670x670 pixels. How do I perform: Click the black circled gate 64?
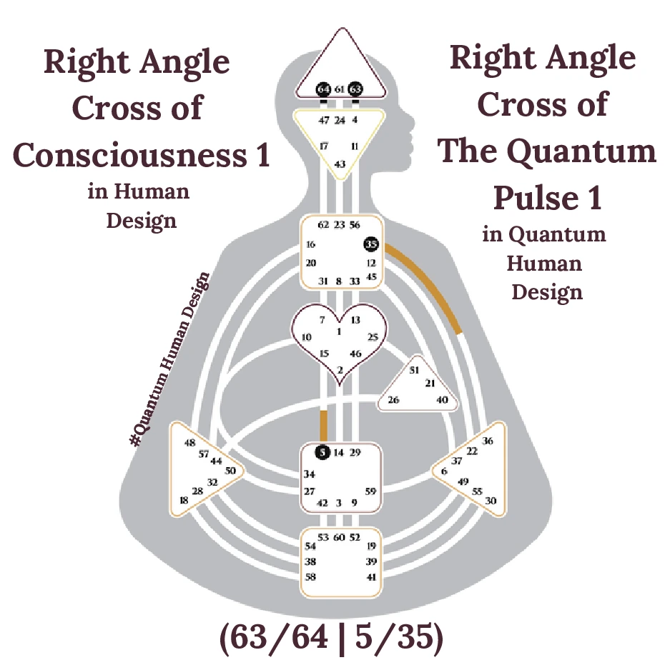324,89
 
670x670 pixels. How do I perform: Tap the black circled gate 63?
355,89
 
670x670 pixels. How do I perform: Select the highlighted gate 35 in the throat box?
370,244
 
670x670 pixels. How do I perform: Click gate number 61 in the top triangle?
340,89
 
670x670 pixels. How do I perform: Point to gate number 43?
340,164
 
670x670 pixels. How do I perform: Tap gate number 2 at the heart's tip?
340,369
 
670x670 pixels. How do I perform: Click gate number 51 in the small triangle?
413,370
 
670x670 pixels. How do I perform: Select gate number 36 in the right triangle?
487,441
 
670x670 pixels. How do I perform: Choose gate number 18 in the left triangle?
184,501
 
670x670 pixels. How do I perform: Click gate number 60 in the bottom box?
340,537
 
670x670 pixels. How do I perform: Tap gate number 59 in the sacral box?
370,491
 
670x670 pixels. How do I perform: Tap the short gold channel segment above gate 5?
323,426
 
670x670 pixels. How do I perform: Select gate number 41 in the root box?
371,576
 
